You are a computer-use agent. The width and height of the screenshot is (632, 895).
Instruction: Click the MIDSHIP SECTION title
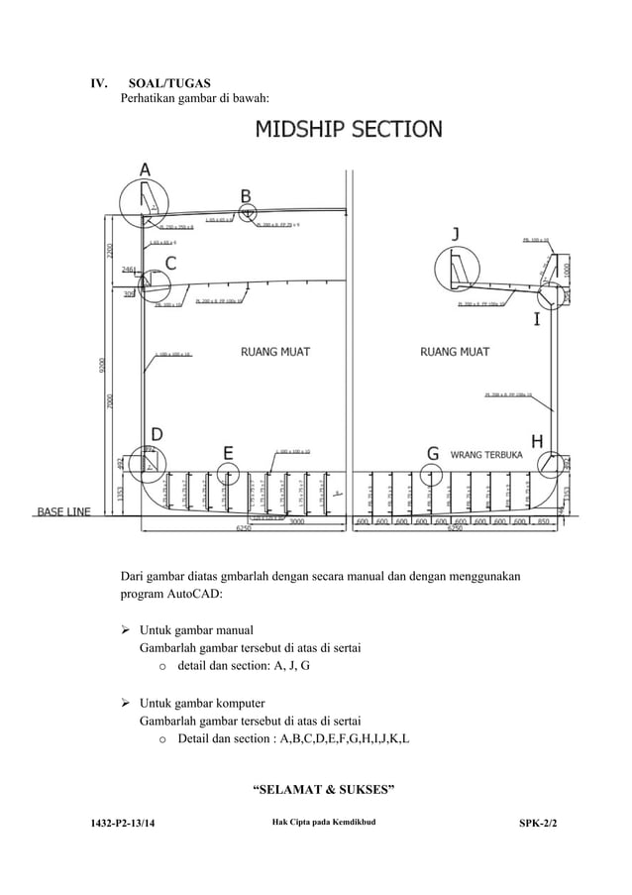pos(349,130)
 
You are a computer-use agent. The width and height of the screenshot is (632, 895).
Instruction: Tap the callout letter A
pos(145,170)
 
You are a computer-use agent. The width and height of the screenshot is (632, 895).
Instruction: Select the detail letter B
pos(246,194)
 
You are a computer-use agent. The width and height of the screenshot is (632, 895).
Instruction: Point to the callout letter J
pos(455,234)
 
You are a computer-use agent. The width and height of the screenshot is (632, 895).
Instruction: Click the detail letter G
pos(433,453)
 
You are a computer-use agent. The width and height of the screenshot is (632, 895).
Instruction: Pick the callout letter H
pos(538,440)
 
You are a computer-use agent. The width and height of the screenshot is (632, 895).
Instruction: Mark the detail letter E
pos(228,453)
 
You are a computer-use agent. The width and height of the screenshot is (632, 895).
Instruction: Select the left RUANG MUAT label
pos(276,351)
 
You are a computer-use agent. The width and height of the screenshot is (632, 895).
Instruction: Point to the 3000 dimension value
pos(296,521)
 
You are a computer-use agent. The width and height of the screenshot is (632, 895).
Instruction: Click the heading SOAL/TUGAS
pos(169,82)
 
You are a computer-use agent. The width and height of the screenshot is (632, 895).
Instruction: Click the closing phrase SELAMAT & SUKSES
pos(325,790)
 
